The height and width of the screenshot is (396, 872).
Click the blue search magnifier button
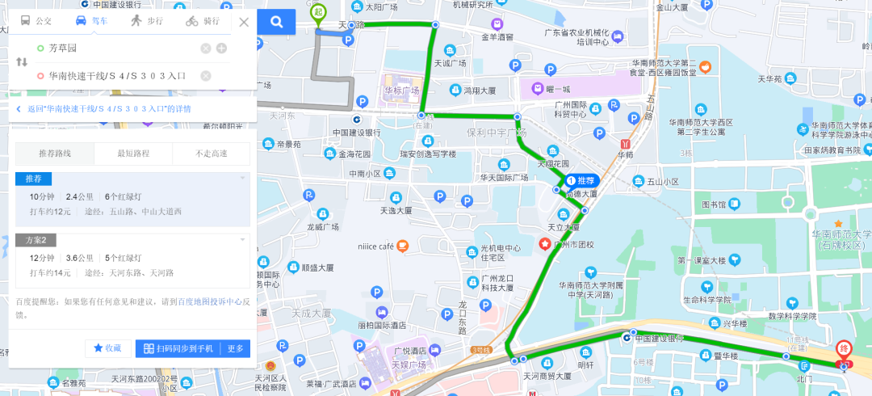(x=276, y=22)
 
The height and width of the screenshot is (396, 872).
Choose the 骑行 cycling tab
(x=202, y=22)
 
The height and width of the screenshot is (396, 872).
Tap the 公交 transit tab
(x=36, y=22)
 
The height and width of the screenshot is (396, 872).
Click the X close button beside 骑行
(x=244, y=22)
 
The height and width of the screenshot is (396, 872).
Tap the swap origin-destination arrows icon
(x=21, y=62)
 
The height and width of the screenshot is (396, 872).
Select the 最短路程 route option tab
(x=133, y=154)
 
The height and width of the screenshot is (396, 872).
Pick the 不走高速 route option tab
(x=211, y=154)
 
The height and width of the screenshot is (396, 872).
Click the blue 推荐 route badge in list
(x=33, y=178)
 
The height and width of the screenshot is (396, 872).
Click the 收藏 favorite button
(x=108, y=348)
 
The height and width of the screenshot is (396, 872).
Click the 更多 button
(x=235, y=348)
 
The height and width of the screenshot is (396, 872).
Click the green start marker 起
(x=320, y=11)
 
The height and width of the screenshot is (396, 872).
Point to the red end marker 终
(x=844, y=349)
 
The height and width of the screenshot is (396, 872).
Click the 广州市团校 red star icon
(x=545, y=244)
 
